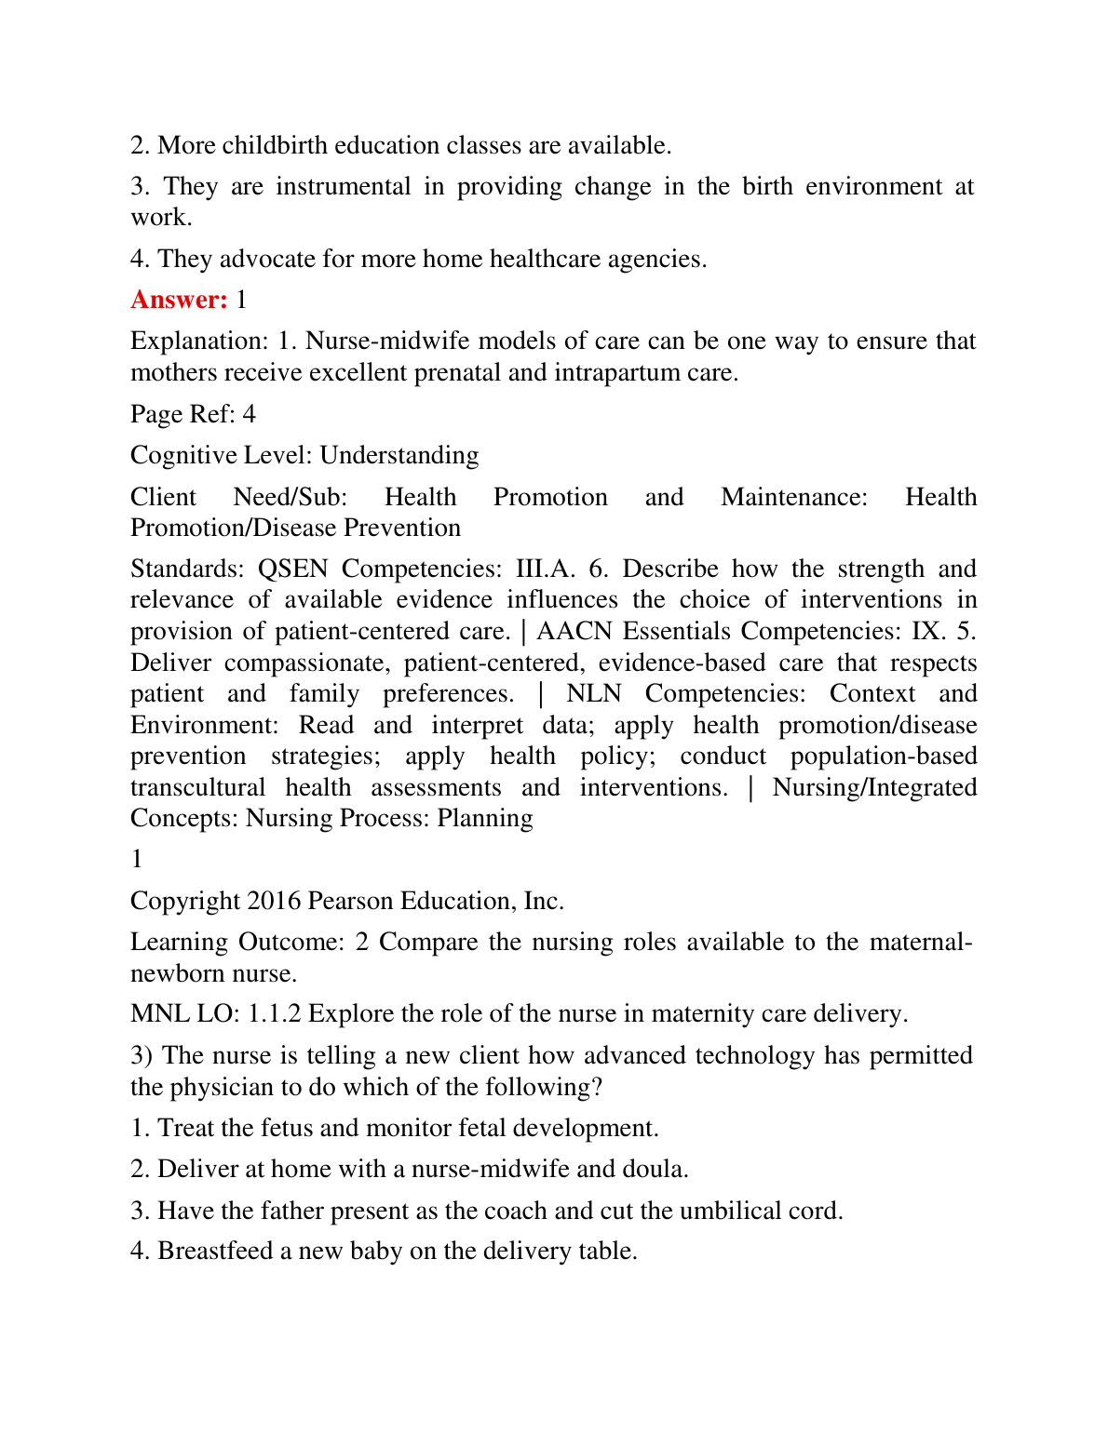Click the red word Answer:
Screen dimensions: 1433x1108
coord(179,300)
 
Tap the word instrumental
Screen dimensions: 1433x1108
coord(343,186)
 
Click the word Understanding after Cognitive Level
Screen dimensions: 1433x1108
coord(399,455)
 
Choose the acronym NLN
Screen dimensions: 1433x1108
coord(594,693)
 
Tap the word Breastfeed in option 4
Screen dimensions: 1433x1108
coord(211,1251)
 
